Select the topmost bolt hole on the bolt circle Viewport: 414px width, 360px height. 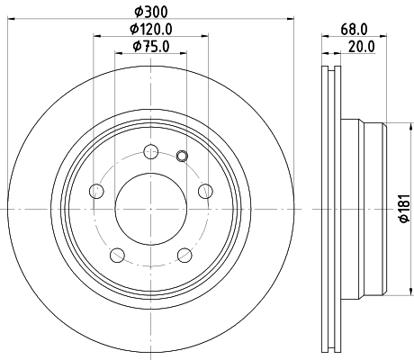pyautogui.click(x=150, y=151)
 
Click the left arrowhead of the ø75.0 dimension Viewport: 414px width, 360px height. pyautogui.click(x=119, y=55)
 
